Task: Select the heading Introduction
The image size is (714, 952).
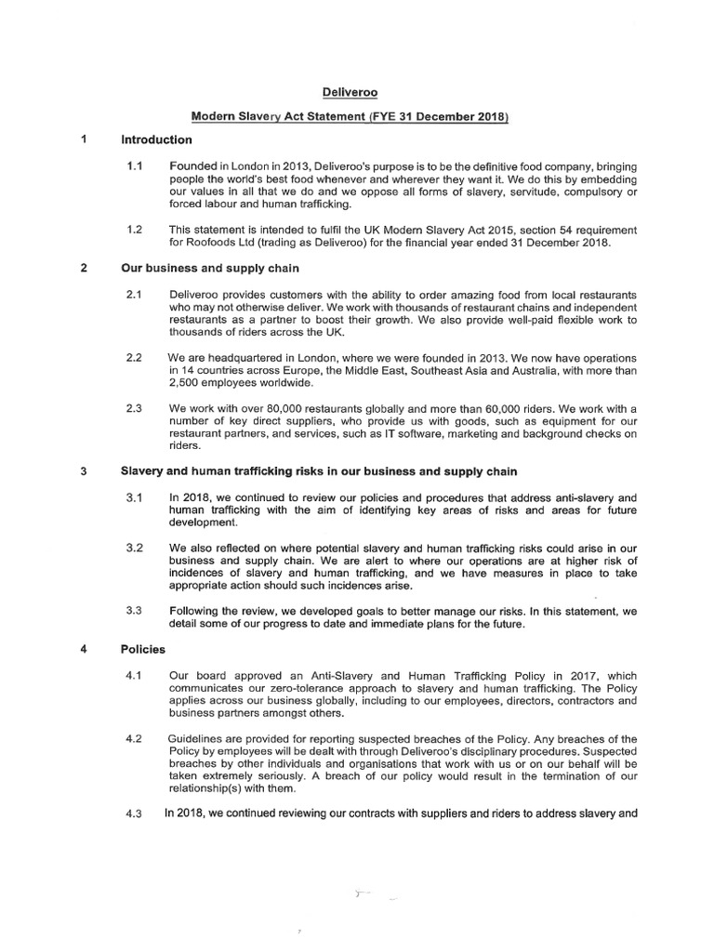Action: point(156,140)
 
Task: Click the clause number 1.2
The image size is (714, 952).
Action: point(135,229)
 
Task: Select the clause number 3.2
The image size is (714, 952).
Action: point(134,549)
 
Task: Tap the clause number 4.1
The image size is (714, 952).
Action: point(134,676)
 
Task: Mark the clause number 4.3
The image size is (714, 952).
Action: point(135,814)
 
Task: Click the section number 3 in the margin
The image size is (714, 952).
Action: point(84,470)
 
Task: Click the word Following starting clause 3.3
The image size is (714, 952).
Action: point(198,611)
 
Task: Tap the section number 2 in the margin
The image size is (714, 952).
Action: point(84,270)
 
